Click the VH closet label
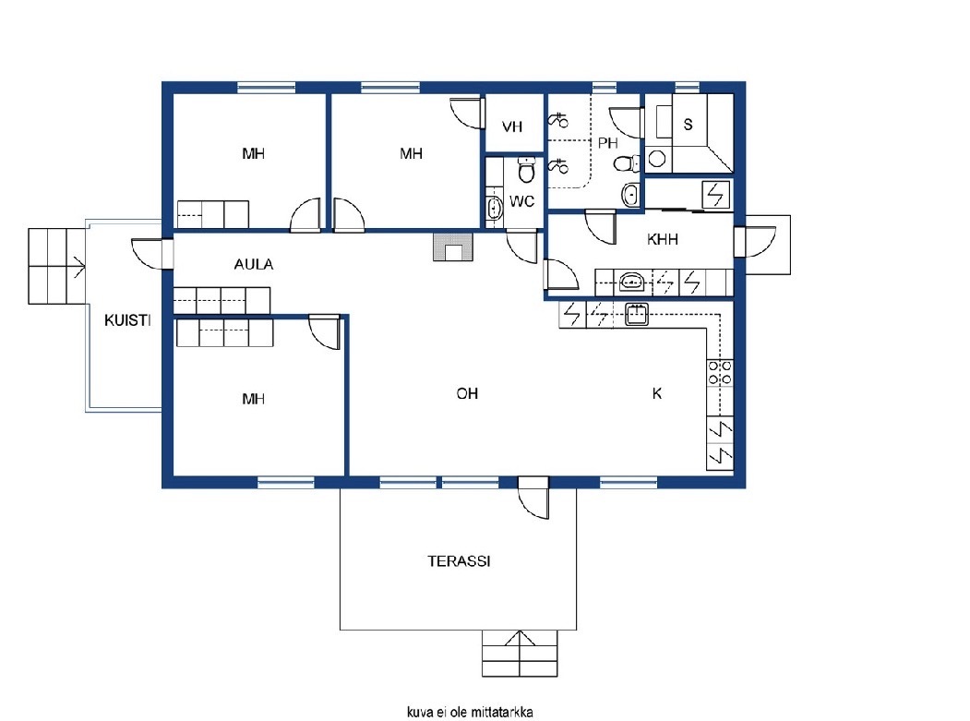[x=512, y=126]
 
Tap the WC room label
[x=521, y=202]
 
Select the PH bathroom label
[x=607, y=143]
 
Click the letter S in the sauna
[x=688, y=125]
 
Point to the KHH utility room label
[x=662, y=239]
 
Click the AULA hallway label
[x=254, y=264]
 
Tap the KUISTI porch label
[x=127, y=320]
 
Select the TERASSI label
[x=459, y=561]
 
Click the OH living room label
[x=467, y=393]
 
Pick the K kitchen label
[x=657, y=393]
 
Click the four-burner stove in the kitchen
[x=720, y=373]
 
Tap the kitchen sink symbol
[x=636, y=314]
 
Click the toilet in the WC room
[x=526, y=169]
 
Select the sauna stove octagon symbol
[x=657, y=159]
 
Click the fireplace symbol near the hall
[x=453, y=246]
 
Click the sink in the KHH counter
[x=631, y=282]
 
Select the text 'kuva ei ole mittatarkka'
[x=470, y=712]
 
